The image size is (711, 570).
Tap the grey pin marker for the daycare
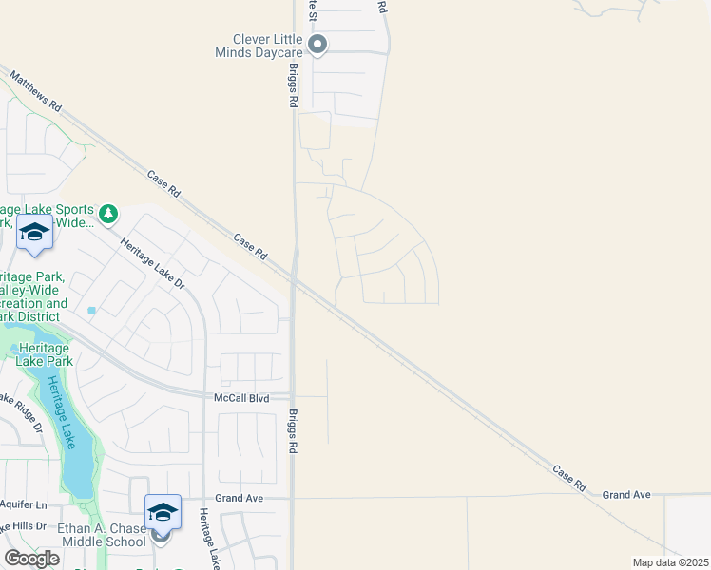(318, 44)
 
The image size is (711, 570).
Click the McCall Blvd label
(242, 398)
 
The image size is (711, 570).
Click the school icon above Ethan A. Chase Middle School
(163, 511)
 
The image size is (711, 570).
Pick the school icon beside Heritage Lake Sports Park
(34, 232)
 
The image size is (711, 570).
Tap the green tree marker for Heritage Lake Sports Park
(109, 214)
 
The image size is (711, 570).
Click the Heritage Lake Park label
(45, 354)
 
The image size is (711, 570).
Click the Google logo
(31, 558)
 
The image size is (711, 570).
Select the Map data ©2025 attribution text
(669, 562)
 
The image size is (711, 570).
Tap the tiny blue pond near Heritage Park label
(92, 311)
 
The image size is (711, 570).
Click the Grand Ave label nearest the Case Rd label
(626, 495)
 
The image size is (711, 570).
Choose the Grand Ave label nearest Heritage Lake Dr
(239, 498)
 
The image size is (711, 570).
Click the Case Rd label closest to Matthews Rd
(163, 183)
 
